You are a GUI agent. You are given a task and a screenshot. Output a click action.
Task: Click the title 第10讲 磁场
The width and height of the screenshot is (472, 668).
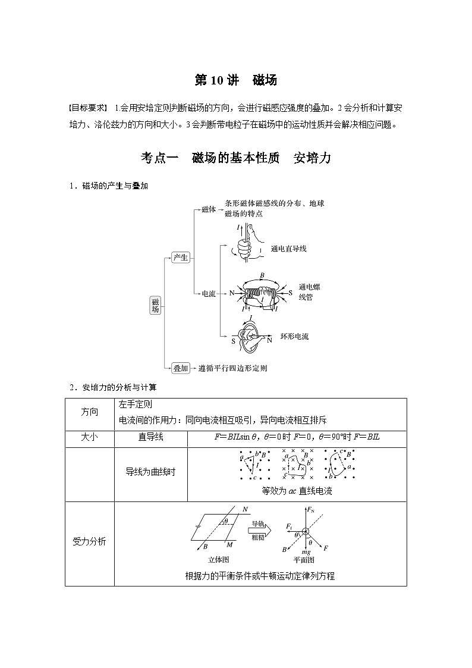pos(236,80)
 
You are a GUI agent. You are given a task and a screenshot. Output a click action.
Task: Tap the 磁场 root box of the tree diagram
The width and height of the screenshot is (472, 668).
pos(155,305)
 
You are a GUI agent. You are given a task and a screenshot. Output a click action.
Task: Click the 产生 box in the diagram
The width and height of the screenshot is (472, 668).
pos(180,257)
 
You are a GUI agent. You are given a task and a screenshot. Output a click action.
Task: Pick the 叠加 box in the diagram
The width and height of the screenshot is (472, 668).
pos(180,368)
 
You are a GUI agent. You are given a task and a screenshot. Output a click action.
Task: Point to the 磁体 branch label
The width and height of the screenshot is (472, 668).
pos(209,209)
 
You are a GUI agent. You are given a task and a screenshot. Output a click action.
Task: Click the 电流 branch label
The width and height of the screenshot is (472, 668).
pos(209,293)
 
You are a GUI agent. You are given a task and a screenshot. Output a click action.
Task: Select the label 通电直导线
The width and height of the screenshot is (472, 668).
pos(288,248)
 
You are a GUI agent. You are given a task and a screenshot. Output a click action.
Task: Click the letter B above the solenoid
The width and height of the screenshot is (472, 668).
pos(263,276)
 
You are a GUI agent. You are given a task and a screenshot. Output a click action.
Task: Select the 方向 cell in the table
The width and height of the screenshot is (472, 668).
pos(89,412)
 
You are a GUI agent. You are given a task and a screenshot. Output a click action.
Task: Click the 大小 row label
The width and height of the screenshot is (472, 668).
pos(89,437)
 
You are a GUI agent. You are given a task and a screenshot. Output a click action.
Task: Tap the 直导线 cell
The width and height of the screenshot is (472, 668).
pos(150,437)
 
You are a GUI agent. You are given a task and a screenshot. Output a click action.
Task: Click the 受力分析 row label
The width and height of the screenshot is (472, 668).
pos(89,542)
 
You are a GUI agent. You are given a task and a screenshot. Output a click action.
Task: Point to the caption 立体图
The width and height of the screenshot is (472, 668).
pos(219,559)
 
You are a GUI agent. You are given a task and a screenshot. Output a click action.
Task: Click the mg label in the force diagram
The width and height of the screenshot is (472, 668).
pos(307,551)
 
